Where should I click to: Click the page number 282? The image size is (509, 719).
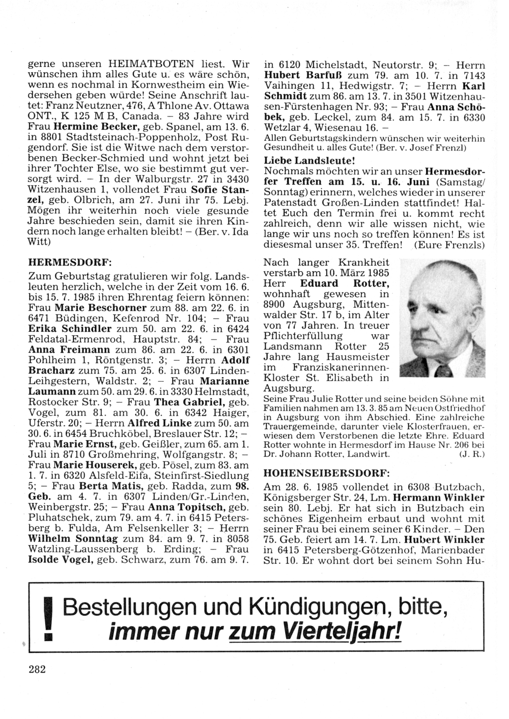click(37, 669)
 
